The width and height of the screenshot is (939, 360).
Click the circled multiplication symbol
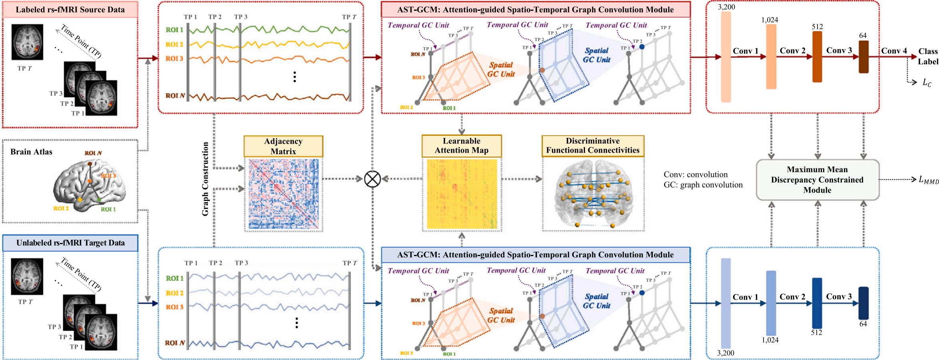click(x=372, y=179)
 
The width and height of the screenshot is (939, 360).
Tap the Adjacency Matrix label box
click(x=283, y=146)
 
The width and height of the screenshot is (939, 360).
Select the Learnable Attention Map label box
click(x=462, y=146)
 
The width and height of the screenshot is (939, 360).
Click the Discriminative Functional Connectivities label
click(x=593, y=146)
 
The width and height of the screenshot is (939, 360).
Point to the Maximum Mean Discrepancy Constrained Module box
click(x=818, y=180)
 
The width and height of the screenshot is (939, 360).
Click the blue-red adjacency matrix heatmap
click(x=283, y=194)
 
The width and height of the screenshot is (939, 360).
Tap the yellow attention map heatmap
click(x=462, y=194)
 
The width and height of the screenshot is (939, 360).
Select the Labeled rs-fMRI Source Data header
click(x=70, y=10)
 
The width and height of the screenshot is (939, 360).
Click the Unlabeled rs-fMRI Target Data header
click(x=70, y=243)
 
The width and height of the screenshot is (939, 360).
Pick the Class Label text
click(x=927, y=56)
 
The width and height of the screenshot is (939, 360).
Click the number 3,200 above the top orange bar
click(x=726, y=7)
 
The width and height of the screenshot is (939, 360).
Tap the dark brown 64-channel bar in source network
click(x=863, y=57)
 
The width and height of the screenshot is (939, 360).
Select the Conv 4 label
click(x=894, y=51)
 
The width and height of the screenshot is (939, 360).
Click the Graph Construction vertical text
click(x=205, y=179)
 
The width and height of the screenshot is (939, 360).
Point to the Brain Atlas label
click(x=31, y=152)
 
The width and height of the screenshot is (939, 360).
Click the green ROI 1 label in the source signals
click(x=174, y=30)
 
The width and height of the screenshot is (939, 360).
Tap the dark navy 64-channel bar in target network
click(x=863, y=303)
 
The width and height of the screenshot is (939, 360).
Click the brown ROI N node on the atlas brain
click(x=90, y=164)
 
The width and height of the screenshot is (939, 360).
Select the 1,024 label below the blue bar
click(x=770, y=340)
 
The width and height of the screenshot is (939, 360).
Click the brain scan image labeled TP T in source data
click(x=27, y=42)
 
